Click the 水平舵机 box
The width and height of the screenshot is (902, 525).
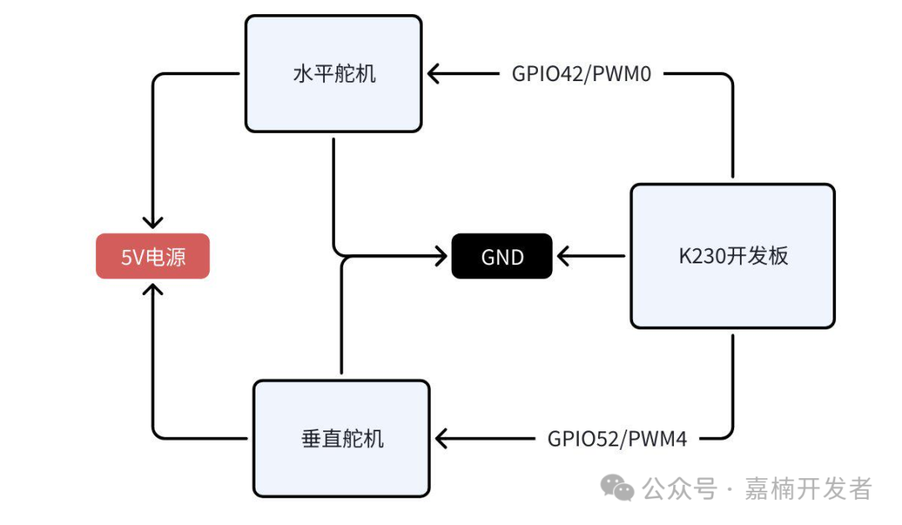333,74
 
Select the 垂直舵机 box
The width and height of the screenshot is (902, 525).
342,437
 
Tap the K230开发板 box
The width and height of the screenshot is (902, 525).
732,256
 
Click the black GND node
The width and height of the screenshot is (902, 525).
502,257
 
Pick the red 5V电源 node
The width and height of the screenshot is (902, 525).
153,257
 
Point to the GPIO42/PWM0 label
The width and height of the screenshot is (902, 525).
581,74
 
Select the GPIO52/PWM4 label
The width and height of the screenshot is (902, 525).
617,438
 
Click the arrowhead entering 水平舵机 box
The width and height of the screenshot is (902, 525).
435,74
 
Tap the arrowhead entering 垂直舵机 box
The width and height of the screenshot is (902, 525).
443,438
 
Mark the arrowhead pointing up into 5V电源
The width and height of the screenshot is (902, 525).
153,290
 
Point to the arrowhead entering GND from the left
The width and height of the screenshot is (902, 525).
439,257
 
